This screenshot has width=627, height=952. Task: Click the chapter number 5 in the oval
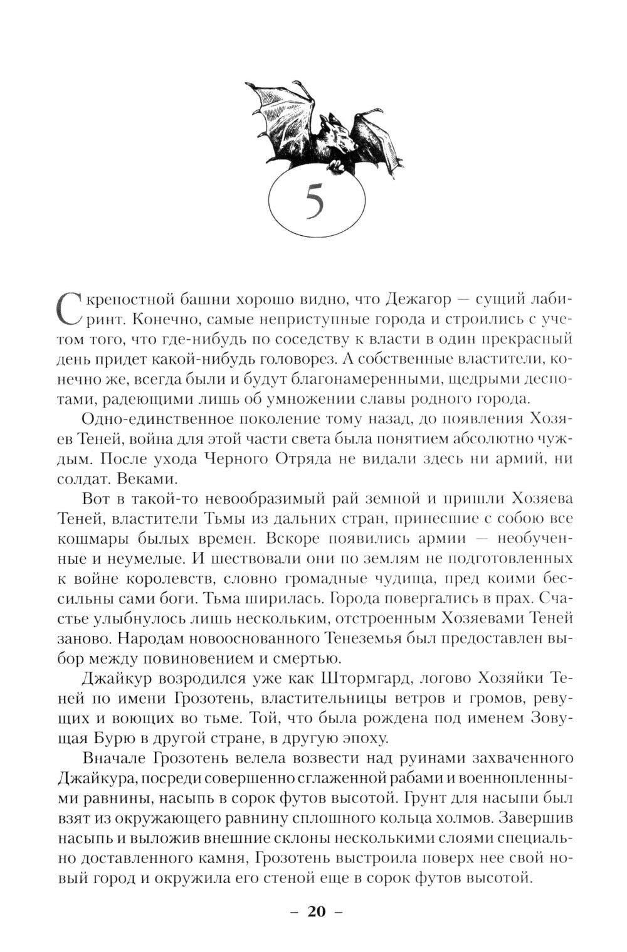(x=314, y=203)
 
